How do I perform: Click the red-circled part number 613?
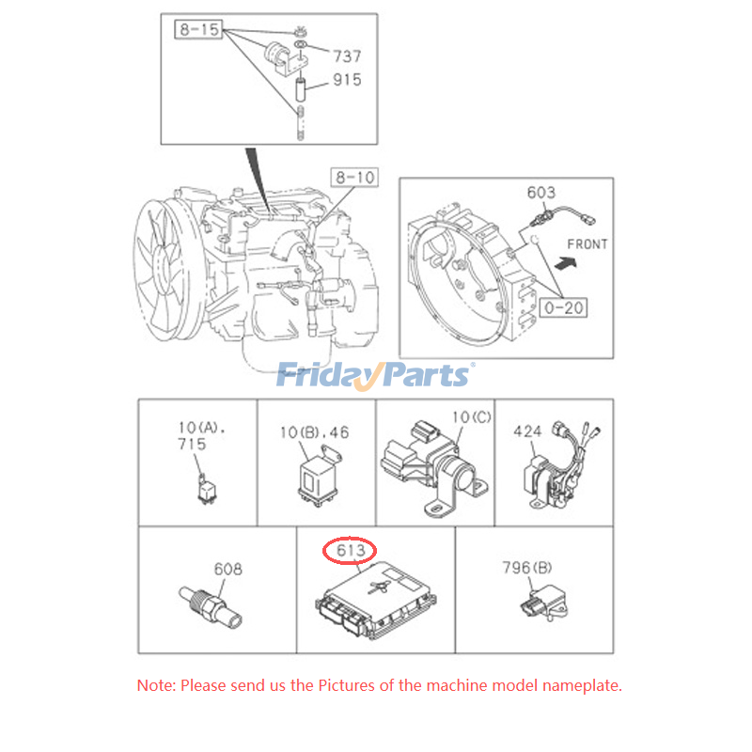(350, 550)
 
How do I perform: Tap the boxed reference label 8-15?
(197, 30)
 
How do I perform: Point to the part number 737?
(347, 56)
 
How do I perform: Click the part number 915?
(347, 81)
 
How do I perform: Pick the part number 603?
(540, 193)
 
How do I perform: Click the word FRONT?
(587, 244)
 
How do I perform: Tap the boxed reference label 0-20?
(562, 306)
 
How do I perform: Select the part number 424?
(528, 431)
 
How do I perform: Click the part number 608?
(227, 569)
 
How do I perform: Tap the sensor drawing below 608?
(211, 605)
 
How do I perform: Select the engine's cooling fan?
(170, 263)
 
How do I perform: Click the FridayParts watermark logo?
(375, 375)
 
